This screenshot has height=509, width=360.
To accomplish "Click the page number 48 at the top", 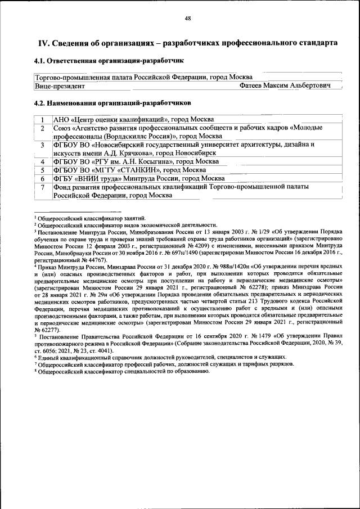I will (188, 19).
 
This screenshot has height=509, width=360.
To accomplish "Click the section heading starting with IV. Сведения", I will (187, 43).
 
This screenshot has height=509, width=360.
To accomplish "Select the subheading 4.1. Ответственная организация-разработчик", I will (108, 60).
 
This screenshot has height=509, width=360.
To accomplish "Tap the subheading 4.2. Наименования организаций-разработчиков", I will (112, 103).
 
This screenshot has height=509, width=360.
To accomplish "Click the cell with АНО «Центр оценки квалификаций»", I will (133, 119).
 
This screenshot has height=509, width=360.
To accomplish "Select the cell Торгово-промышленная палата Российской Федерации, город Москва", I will (143, 77).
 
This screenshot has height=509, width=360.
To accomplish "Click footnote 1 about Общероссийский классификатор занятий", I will (92, 218).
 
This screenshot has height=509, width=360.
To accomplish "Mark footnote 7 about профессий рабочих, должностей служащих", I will (165, 364).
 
